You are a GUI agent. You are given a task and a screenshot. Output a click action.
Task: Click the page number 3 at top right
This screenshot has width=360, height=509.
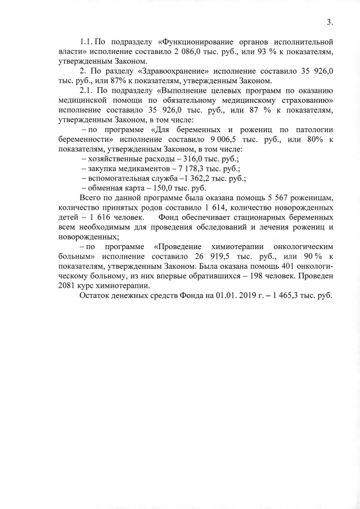(330, 22)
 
